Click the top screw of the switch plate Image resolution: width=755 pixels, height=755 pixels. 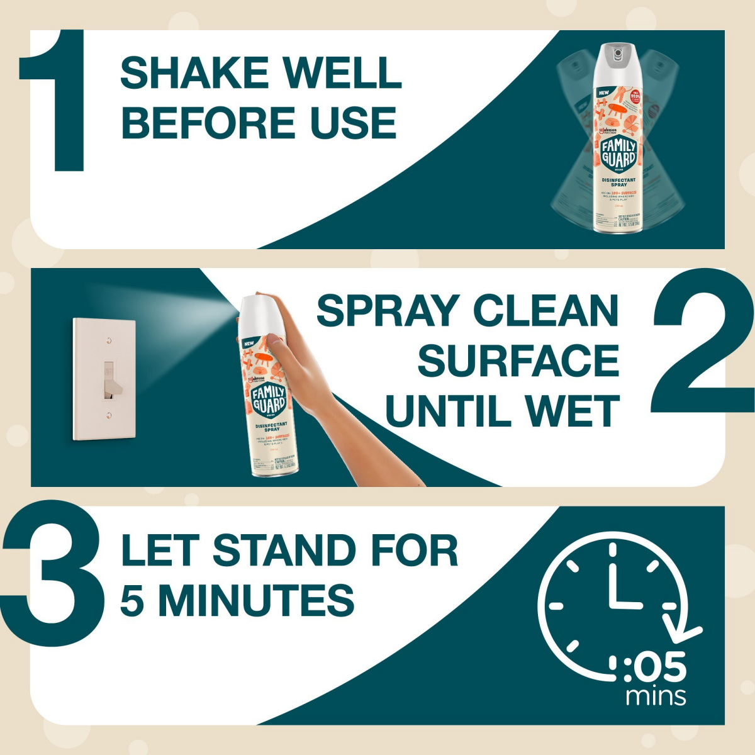click(109, 341)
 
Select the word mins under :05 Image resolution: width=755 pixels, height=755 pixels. click(656, 696)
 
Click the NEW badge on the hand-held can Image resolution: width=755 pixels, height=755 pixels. click(248, 343)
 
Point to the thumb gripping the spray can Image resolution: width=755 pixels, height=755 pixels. click(275, 342)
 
